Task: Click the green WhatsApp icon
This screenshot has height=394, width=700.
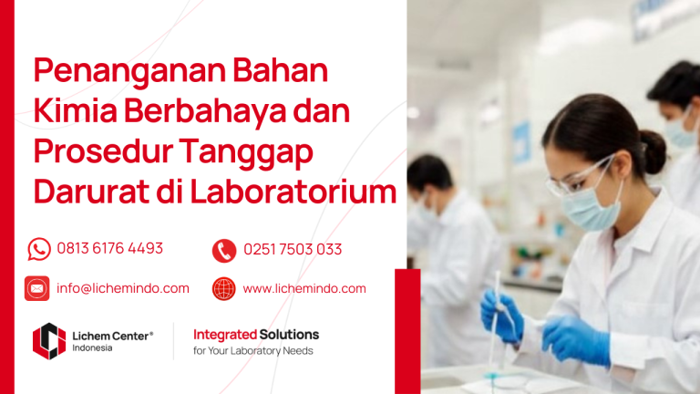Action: pos(39,249)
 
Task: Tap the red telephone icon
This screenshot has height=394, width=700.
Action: pos(223,250)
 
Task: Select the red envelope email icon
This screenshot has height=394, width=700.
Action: pos(37,288)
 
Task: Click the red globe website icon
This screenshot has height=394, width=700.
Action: pos(223,289)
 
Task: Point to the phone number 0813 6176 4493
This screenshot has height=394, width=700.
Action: pos(109,248)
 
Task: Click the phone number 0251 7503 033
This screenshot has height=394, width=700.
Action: pos(293,249)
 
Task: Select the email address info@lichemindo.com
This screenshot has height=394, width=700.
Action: pos(123,288)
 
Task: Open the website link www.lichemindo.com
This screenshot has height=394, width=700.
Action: pos(304,288)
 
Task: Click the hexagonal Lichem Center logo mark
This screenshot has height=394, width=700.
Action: pos(48,340)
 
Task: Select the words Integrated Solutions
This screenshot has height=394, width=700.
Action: pos(256,335)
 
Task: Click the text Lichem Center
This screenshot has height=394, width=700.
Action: pos(110,336)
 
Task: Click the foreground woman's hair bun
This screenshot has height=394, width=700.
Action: pos(652,150)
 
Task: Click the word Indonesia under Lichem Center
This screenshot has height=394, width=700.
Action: pos(93,348)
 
